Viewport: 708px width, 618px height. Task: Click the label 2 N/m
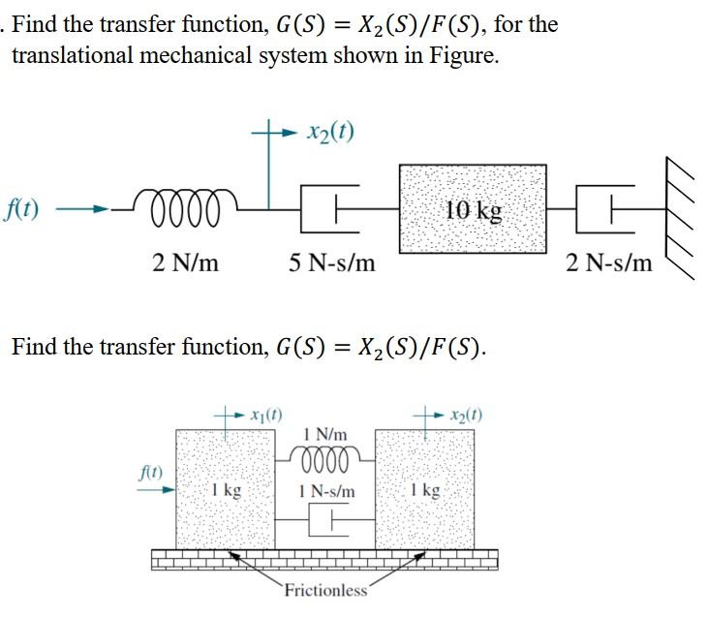(x=186, y=263)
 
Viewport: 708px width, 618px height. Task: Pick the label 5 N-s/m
(x=332, y=263)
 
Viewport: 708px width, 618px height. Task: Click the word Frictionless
(x=326, y=590)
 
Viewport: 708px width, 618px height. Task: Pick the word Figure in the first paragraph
(x=466, y=55)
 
